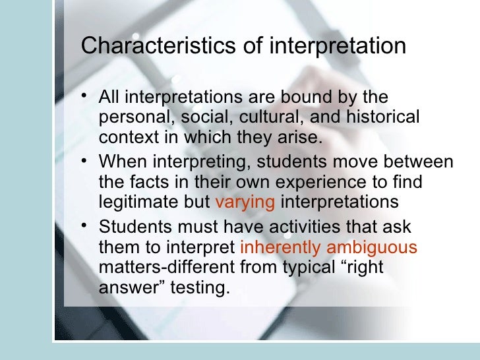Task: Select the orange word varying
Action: click(245, 201)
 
